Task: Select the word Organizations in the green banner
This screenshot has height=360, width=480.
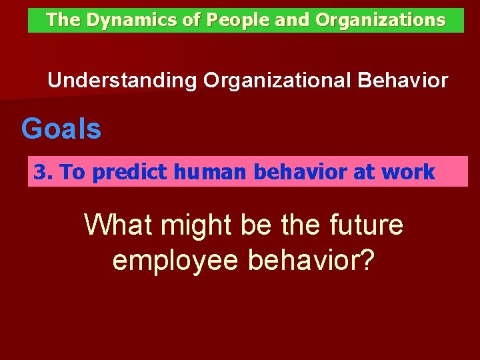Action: (380, 20)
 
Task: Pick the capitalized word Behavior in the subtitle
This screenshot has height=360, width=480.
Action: (403, 81)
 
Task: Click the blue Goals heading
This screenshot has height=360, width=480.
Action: (61, 128)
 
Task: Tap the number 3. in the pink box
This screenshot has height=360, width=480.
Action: (43, 173)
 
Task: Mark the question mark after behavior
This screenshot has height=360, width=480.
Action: (367, 260)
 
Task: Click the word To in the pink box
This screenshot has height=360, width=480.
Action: (73, 173)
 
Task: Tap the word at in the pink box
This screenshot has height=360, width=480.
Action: (365, 173)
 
